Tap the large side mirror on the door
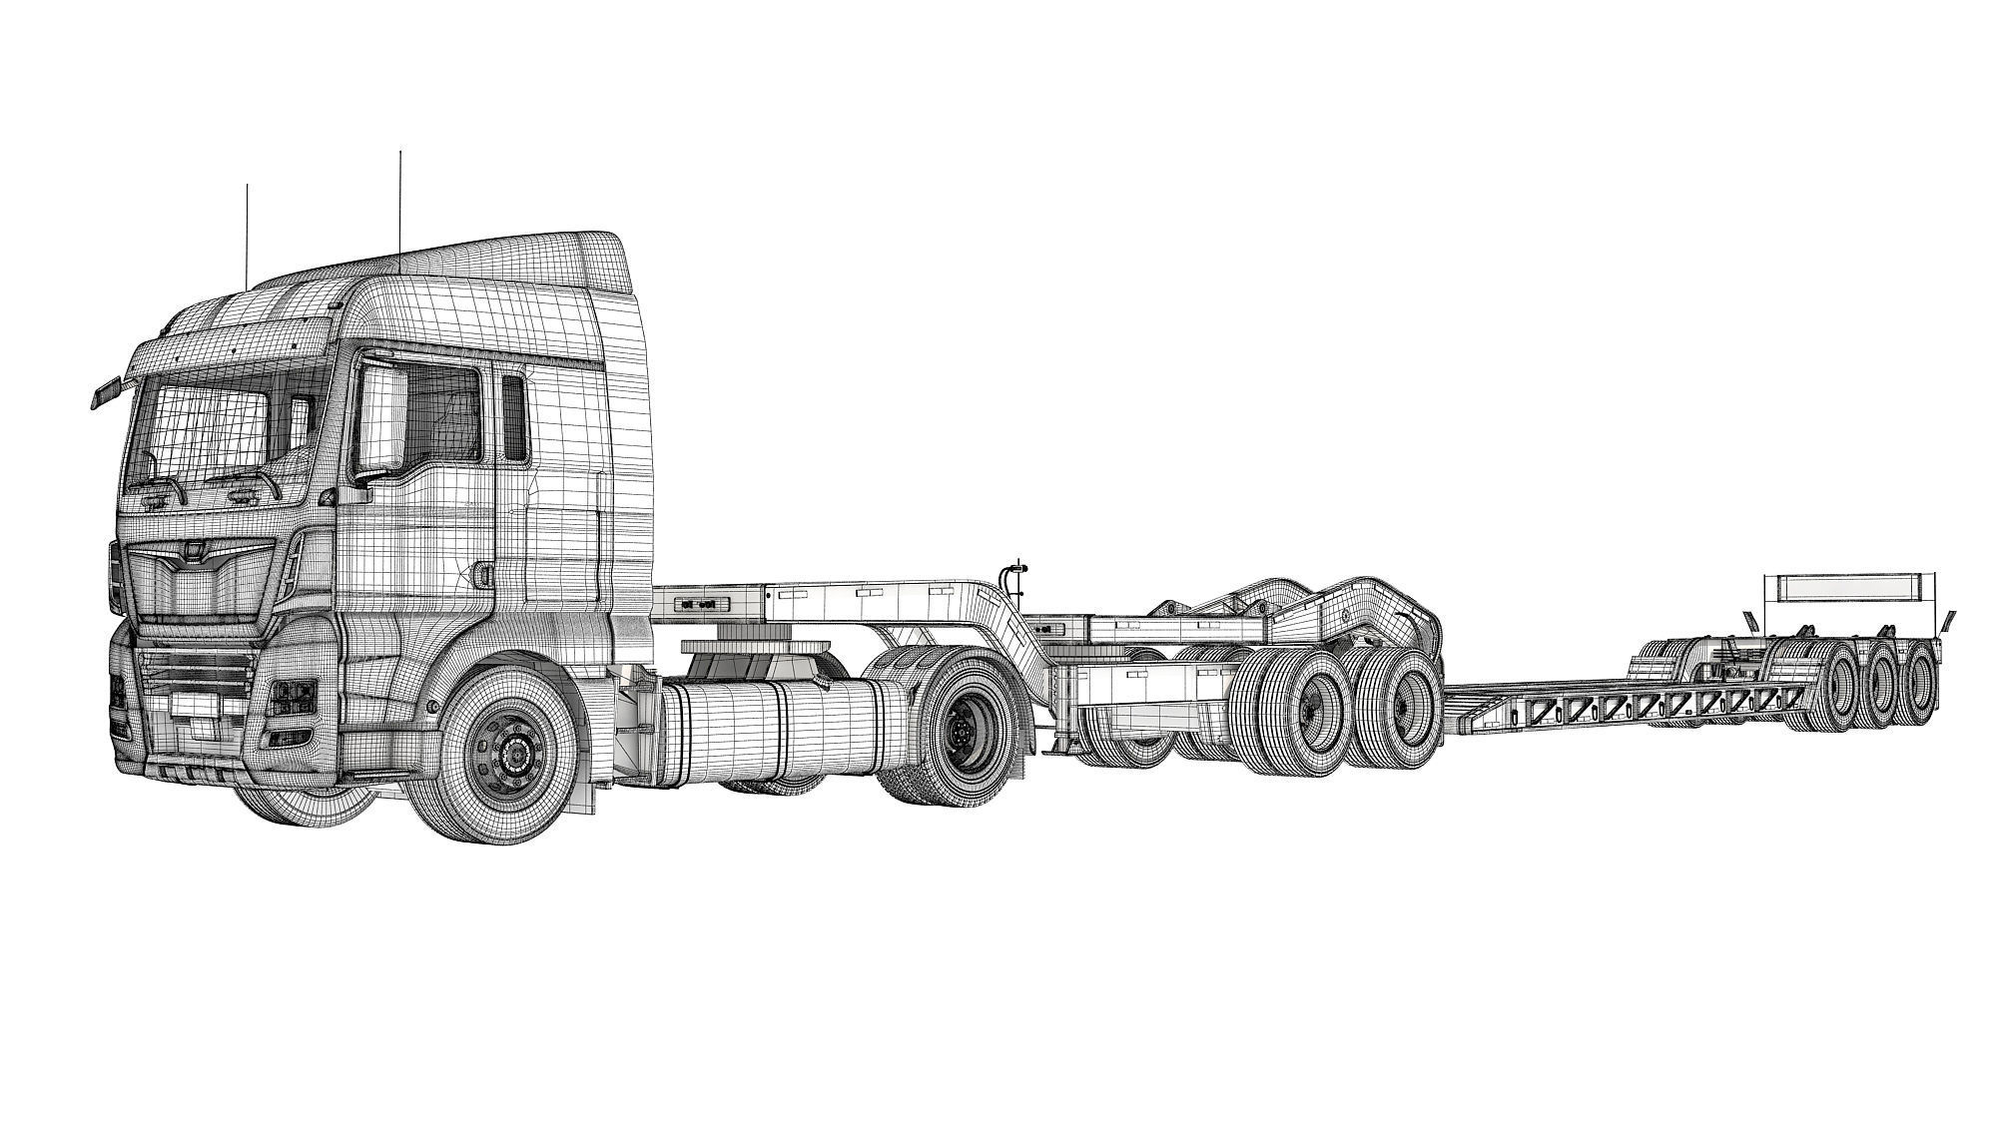(378, 420)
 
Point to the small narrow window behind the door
(514, 418)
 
